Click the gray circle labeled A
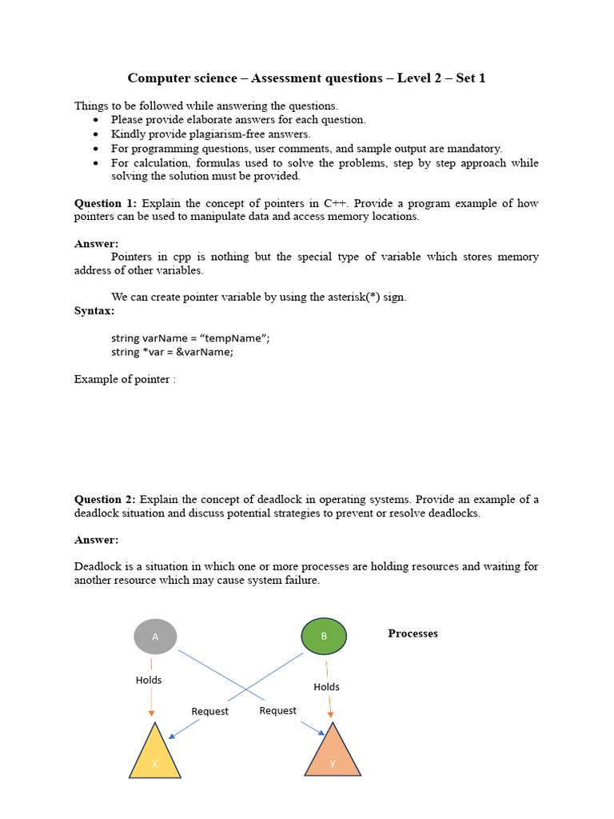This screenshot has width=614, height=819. (155, 637)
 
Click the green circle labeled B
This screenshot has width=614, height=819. (324, 637)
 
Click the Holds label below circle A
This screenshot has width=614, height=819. (149, 680)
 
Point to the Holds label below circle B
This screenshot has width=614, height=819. (326, 686)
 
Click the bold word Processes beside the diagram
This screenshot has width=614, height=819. (413, 633)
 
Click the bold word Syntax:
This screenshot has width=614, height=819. (94, 310)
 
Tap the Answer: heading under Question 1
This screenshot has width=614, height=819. (96, 243)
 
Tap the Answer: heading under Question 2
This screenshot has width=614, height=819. (96, 540)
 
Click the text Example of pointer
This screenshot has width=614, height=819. (124, 379)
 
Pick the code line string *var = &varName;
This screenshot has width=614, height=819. (172, 351)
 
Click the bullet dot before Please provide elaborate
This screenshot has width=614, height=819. (96, 120)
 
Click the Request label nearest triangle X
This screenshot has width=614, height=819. (209, 711)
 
